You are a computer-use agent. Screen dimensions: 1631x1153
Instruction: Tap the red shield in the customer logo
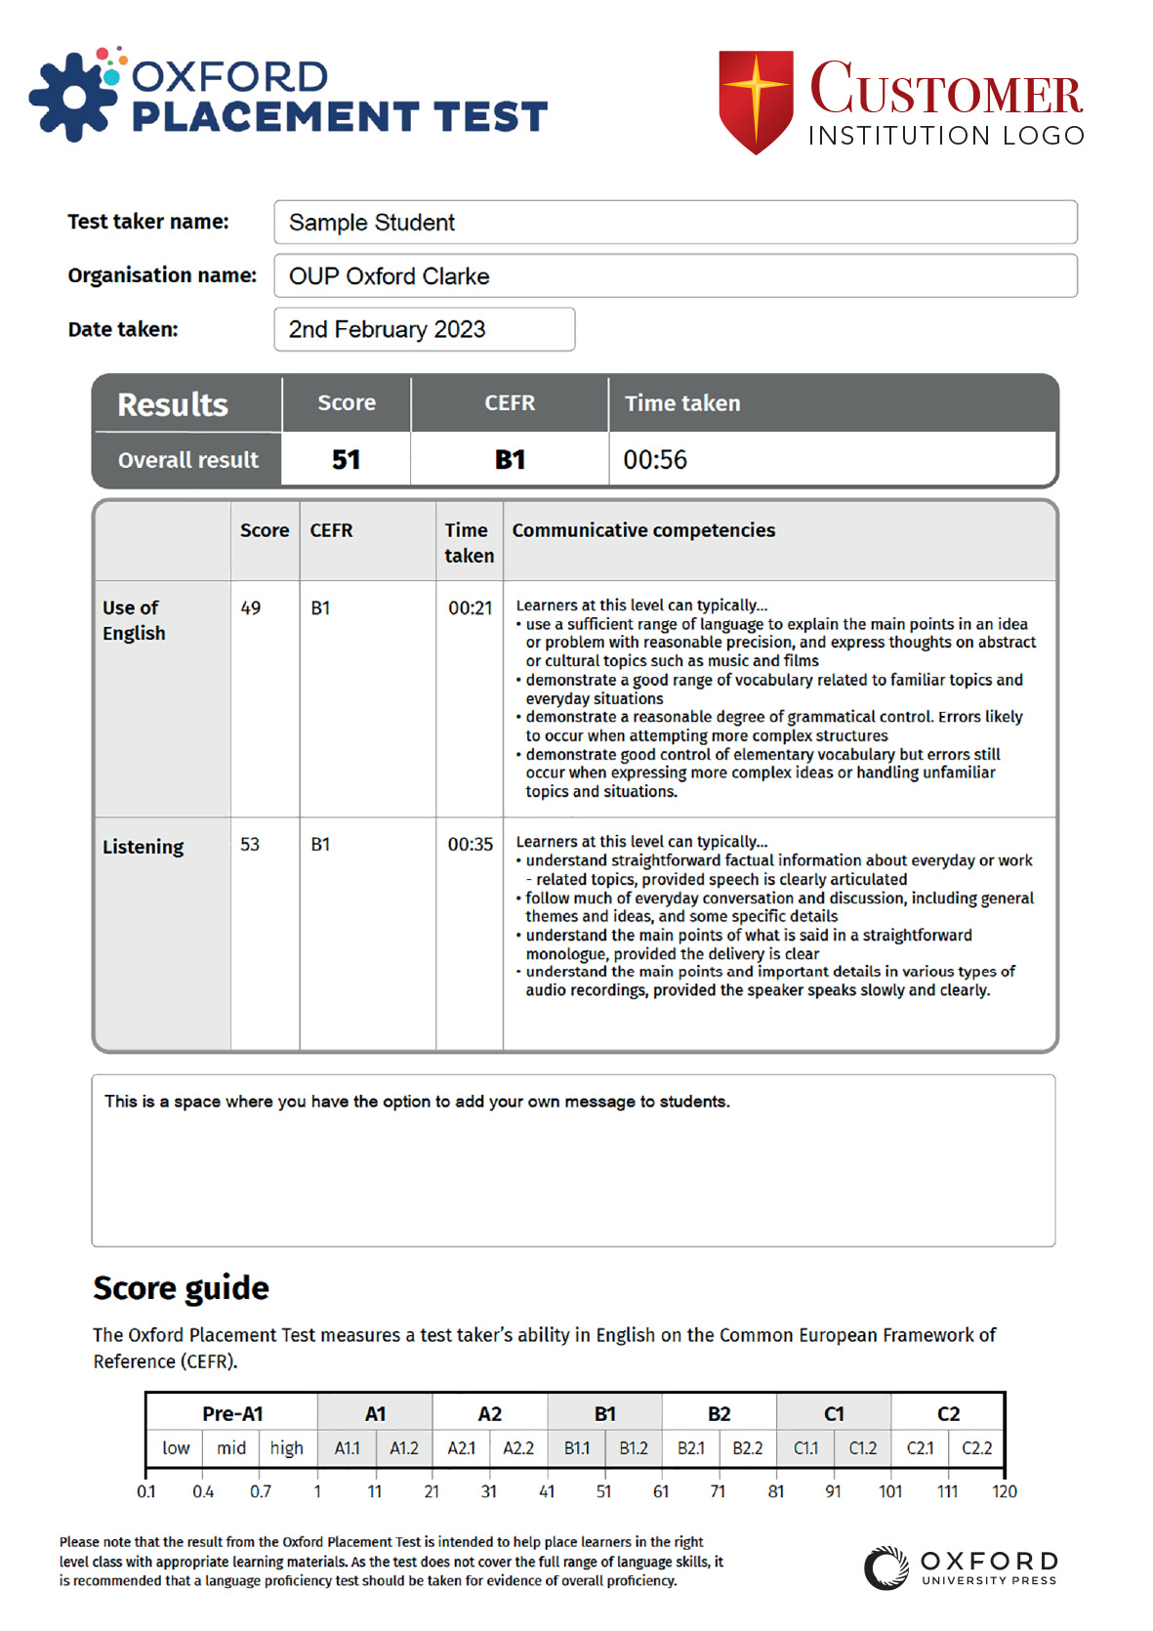[x=756, y=101]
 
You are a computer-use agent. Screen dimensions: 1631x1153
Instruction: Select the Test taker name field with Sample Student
[x=675, y=223]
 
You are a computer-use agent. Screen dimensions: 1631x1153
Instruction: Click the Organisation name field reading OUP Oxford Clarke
[x=675, y=276]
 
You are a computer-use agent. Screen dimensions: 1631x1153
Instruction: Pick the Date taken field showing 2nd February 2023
[x=424, y=330]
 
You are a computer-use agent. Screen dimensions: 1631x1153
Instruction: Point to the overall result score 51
[x=347, y=460]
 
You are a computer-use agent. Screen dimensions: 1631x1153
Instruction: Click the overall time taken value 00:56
[x=655, y=460]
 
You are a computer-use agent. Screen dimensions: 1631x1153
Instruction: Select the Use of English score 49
[x=251, y=608]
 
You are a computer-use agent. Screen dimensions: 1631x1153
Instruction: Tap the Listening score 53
[x=250, y=845]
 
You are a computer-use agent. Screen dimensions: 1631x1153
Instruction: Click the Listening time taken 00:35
[x=471, y=845]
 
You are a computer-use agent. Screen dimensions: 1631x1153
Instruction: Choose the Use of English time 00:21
[x=471, y=608]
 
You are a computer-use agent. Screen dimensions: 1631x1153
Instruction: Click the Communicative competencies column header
[x=643, y=530]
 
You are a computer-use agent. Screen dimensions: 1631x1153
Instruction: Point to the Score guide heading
[x=181, y=1288]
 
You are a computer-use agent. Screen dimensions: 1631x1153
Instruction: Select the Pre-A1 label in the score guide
[x=232, y=1414]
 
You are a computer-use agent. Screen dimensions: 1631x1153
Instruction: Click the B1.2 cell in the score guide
[x=634, y=1448]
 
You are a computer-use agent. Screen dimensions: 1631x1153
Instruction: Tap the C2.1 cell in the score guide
[x=920, y=1448]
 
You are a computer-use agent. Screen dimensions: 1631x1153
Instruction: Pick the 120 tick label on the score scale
[x=1005, y=1492]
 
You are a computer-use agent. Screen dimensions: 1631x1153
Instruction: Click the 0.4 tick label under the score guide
[x=203, y=1492]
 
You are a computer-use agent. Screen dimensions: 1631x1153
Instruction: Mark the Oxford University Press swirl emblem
[x=886, y=1568]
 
